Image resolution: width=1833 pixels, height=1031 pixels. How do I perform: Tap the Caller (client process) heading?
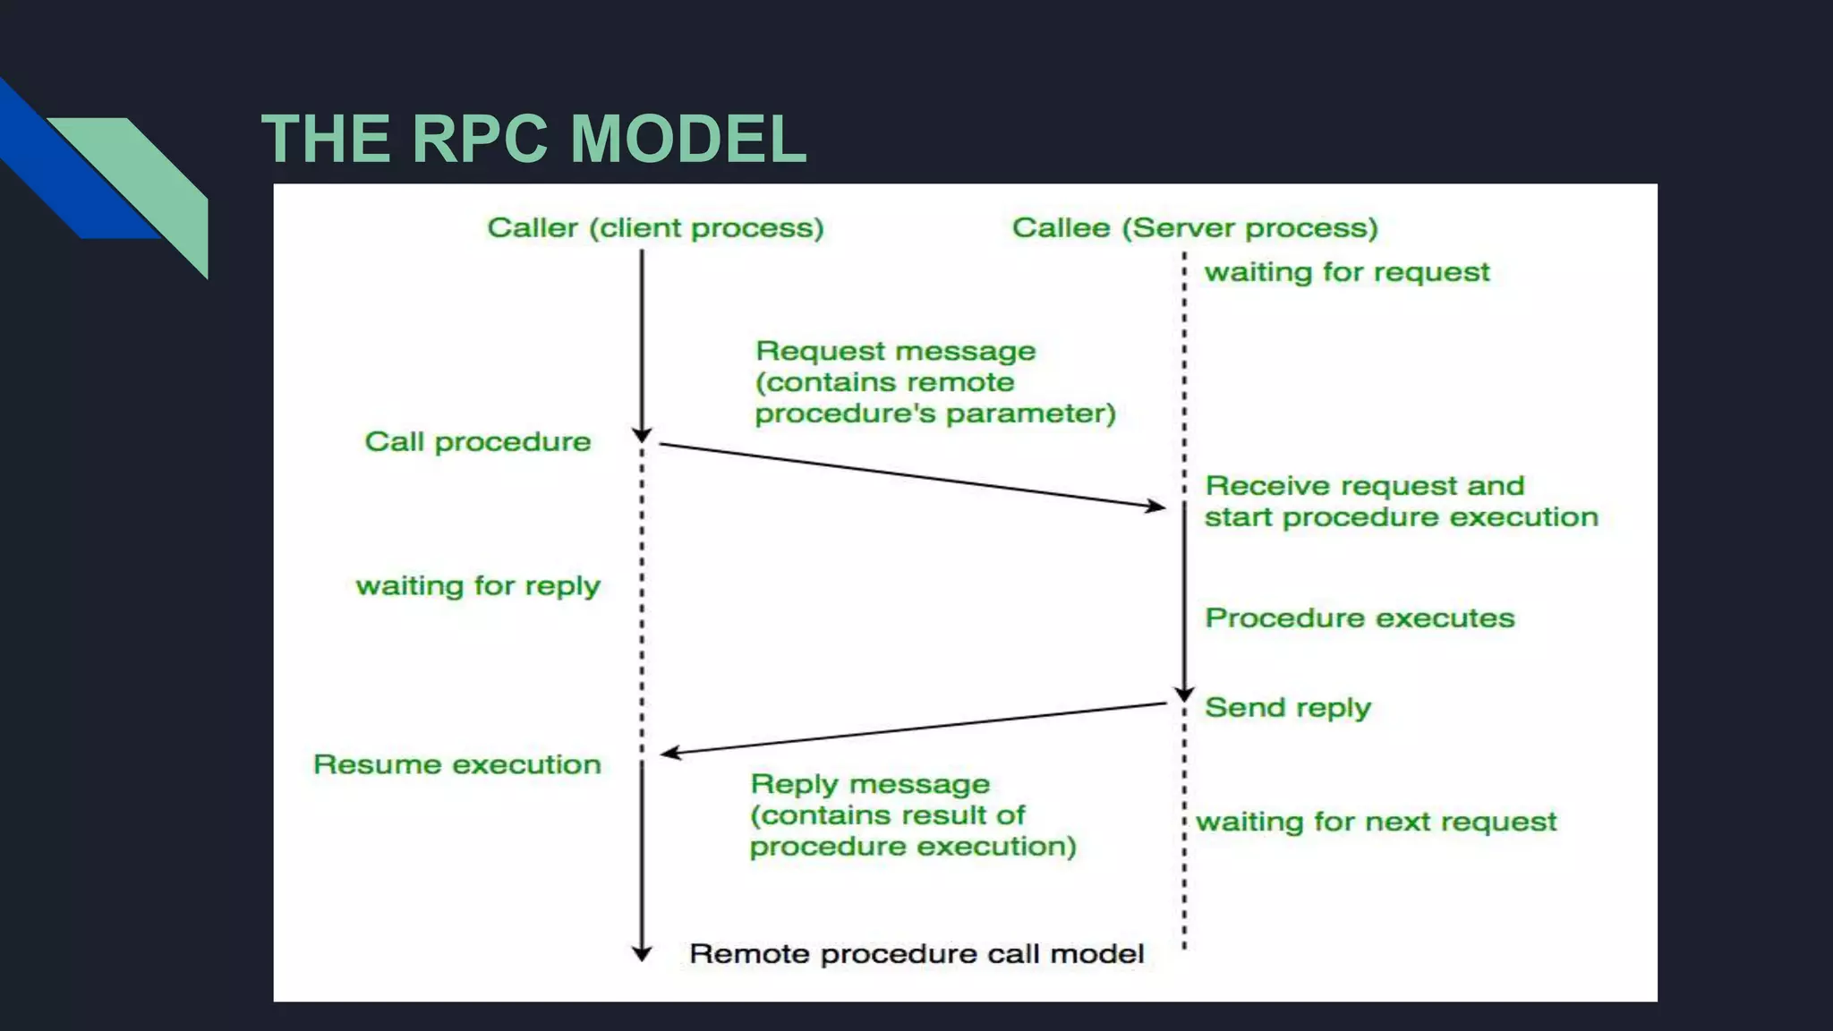coord(655,228)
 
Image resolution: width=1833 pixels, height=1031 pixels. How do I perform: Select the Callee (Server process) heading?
coord(1195,228)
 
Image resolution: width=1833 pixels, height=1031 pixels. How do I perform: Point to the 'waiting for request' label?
coord(1346,272)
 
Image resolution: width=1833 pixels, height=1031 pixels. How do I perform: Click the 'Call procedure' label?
coord(477,442)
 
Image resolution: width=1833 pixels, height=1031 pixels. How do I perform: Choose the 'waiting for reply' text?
coord(477,586)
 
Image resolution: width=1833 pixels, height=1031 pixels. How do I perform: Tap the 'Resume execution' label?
coord(456,765)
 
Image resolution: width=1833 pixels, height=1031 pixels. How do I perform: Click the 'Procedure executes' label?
coord(1359,618)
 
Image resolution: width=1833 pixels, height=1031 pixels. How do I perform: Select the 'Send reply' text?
coord(1287,708)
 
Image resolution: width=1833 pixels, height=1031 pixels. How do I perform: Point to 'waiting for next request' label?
coord(1377,822)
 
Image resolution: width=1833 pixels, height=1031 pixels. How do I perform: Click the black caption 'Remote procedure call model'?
coord(916,954)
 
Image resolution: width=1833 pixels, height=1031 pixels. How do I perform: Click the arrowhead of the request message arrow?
coord(1158,507)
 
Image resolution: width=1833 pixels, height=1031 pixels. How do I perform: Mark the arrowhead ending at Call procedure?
coord(642,436)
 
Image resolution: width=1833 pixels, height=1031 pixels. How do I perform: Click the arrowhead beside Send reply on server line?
coord(1184,695)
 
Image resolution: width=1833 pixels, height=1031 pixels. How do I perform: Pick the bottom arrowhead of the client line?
coord(642,955)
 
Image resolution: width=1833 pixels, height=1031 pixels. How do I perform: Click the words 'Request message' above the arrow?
coord(895,351)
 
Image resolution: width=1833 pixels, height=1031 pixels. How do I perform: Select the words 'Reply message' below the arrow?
coord(870,784)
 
